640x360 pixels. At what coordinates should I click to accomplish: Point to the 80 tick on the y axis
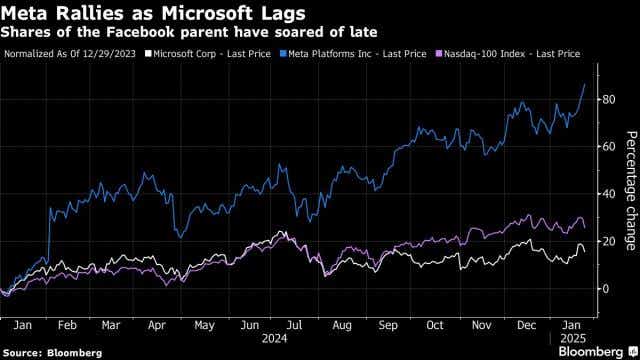[x=607, y=99]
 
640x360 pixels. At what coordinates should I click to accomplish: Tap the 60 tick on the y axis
[x=607, y=146]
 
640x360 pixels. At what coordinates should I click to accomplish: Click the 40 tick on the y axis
[x=607, y=194]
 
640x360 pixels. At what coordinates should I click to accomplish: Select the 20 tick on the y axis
[x=607, y=241]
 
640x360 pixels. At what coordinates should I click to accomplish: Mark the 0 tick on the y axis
[x=604, y=289]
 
